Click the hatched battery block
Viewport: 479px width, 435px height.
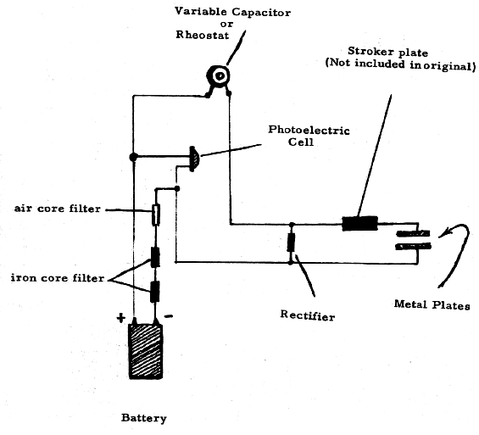coord(146,351)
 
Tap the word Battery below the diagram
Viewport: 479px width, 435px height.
coord(144,418)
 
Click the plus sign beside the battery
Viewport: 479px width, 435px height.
coord(121,318)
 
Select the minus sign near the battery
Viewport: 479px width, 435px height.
coord(169,316)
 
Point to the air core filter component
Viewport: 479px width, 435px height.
coord(156,215)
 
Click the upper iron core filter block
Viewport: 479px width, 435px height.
coord(155,257)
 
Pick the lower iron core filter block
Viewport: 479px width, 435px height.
coord(155,292)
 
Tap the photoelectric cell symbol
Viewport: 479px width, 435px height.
coord(194,159)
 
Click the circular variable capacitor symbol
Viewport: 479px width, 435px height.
coord(218,75)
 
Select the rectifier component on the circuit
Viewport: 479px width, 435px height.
coord(291,243)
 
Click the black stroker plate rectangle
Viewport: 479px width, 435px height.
coord(359,224)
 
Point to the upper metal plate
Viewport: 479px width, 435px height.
coord(413,234)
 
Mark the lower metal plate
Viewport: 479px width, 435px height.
coord(413,246)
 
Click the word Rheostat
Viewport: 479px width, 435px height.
coord(203,35)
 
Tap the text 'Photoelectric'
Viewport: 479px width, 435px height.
coord(309,130)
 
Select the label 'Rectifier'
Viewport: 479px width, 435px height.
coord(307,315)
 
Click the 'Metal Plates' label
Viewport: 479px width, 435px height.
coord(432,305)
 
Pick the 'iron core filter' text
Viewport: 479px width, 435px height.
coord(58,278)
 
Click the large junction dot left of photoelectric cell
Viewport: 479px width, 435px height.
coord(133,157)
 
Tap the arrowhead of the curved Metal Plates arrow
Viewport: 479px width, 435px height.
coord(443,234)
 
